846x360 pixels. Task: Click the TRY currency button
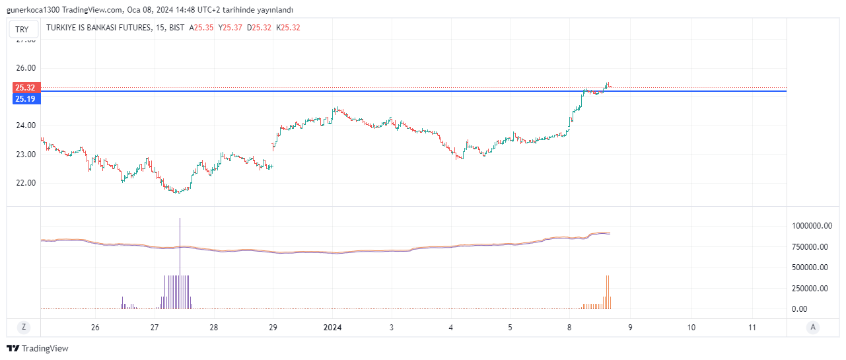[x=22, y=29]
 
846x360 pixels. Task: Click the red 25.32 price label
[x=26, y=87]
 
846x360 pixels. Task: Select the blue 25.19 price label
[x=26, y=98]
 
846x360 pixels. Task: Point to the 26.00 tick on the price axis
[x=26, y=68]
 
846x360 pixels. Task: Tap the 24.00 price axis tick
[x=26, y=126]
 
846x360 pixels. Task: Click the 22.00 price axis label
[x=26, y=183]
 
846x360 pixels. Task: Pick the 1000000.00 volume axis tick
[x=812, y=226]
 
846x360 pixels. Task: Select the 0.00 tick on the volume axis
[x=799, y=308]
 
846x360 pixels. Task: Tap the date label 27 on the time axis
[x=155, y=328]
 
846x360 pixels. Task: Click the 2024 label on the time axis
[x=332, y=328]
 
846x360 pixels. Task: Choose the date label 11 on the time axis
[x=752, y=328]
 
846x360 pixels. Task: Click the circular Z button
[x=23, y=327]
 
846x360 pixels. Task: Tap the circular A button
[x=813, y=327]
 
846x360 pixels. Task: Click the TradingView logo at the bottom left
[x=38, y=348]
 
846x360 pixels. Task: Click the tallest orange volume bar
[x=607, y=291]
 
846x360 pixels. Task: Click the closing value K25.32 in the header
[x=288, y=28]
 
